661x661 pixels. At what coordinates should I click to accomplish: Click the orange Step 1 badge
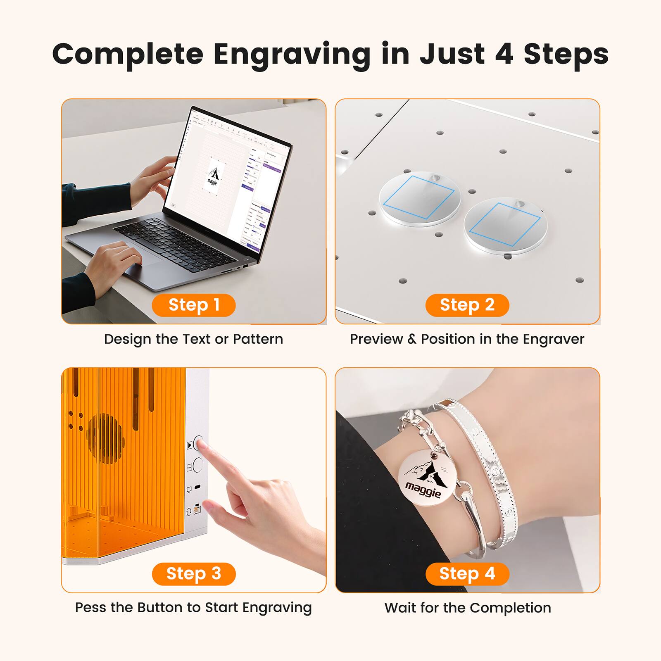[x=194, y=305]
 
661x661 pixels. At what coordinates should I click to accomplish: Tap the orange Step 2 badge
[x=467, y=305]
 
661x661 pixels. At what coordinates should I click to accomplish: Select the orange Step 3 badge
[x=194, y=574]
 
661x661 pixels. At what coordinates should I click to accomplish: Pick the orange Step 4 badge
[x=467, y=574]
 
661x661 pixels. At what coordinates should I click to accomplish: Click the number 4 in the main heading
[x=504, y=54]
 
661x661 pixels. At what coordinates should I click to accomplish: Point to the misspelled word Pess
[x=91, y=608]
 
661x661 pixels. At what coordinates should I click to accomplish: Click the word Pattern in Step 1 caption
[x=258, y=339]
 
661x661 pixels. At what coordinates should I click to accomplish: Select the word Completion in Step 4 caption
[x=510, y=608]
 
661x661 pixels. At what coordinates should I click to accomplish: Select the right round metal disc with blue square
[x=505, y=225]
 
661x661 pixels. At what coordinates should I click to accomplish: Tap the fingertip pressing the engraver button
[x=202, y=445]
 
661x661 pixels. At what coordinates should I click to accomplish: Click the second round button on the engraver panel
[x=198, y=465]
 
